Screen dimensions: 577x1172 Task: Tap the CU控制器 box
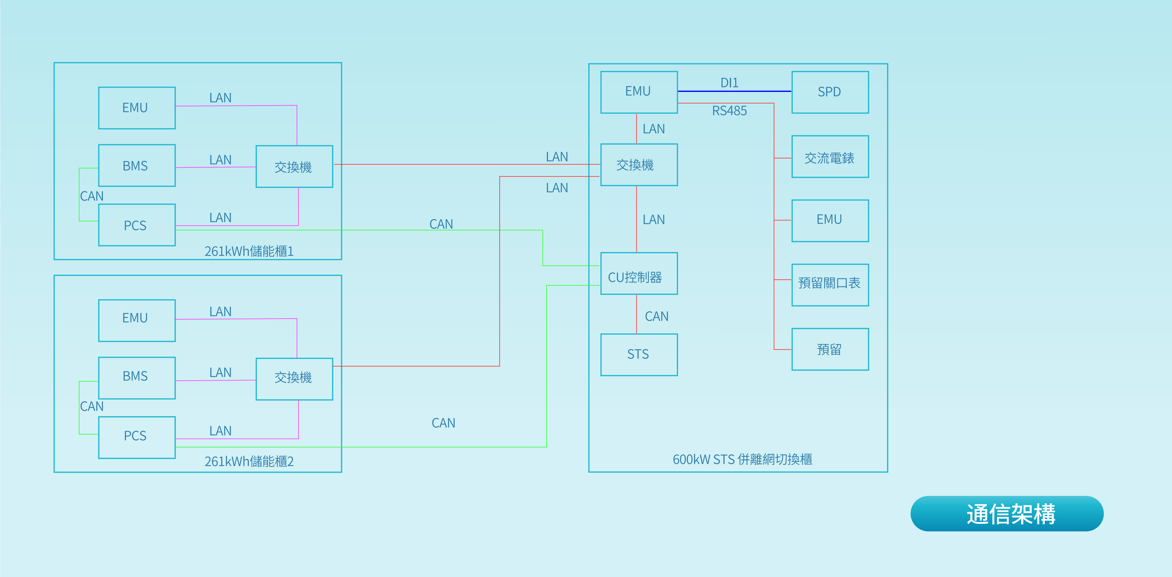(x=639, y=274)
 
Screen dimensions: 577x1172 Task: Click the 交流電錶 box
(x=830, y=157)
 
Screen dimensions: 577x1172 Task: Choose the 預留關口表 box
(x=830, y=285)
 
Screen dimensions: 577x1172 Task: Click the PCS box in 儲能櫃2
(x=136, y=437)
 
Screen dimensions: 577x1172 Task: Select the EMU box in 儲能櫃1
(x=136, y=108)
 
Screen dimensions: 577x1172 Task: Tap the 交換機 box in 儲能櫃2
(x=294, y=379)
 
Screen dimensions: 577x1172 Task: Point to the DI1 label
(x=729, y=83)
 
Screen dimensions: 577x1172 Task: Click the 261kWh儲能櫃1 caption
(x=249, y=251)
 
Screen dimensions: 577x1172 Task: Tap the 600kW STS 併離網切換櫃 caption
(x=742, y=459)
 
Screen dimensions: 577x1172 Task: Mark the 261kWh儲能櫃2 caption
(x=249, y=462)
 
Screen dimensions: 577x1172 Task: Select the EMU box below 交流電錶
(x=830, y=220)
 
